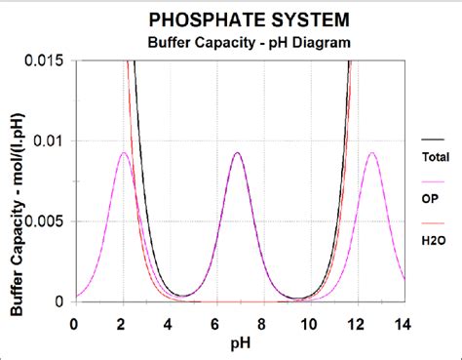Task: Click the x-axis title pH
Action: click(239, 341)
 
